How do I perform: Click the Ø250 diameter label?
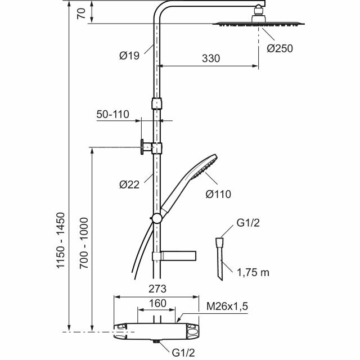click(280, 48)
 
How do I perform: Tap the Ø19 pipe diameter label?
click(129, 56)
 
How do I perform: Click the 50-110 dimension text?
click(112, 114)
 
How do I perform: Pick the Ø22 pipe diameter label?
click(129, 184)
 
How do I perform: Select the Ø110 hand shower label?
click(218, 194)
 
